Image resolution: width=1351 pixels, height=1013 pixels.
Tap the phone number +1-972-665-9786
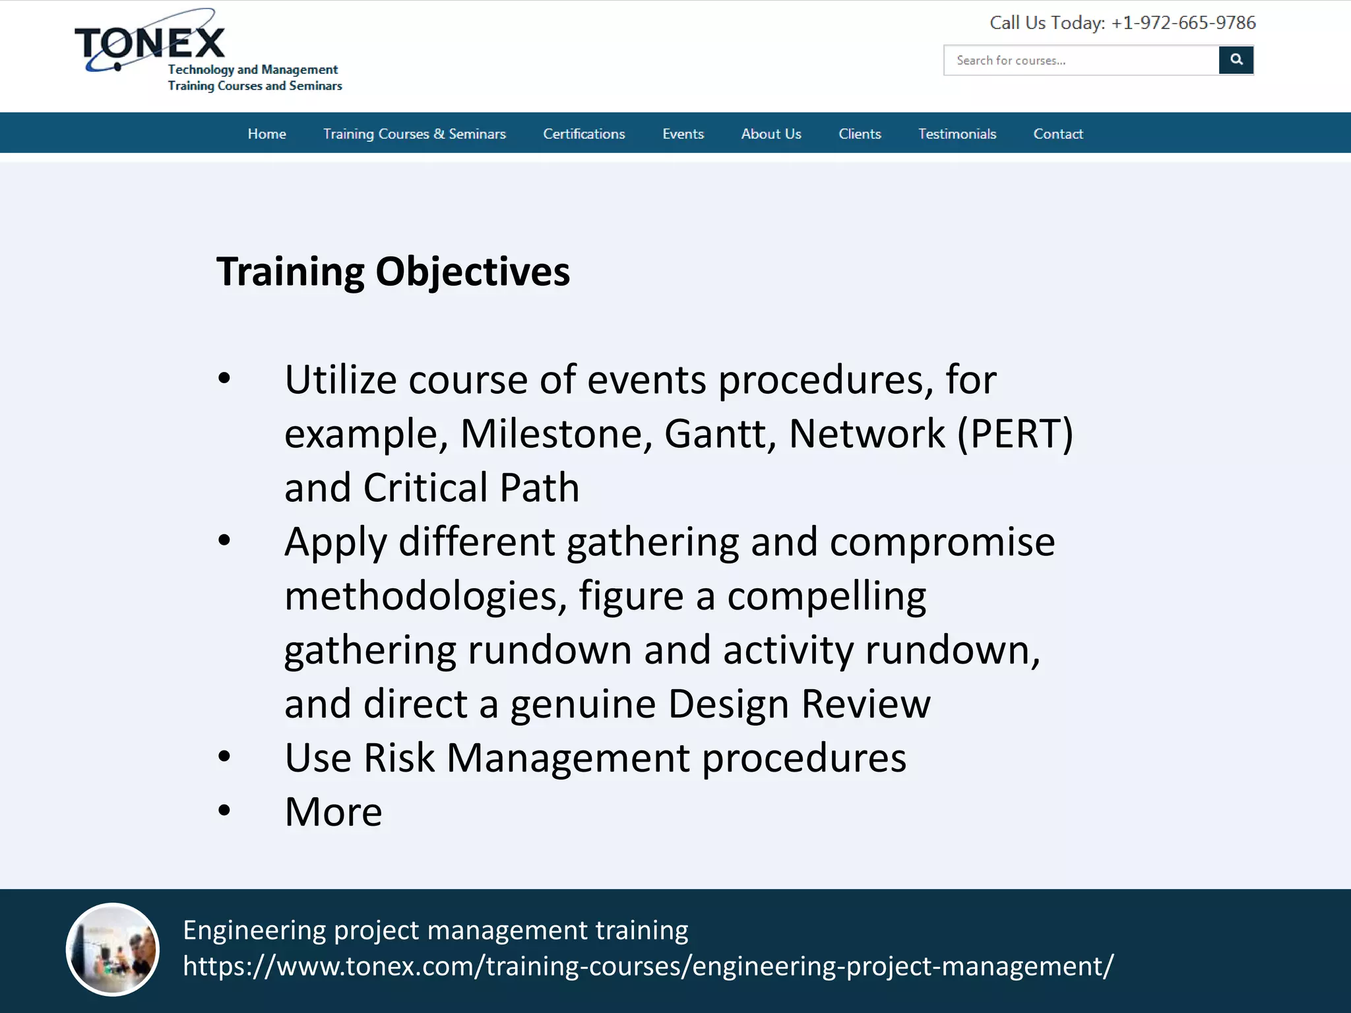point(1183,23)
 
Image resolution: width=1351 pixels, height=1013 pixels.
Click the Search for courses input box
point(1081,61)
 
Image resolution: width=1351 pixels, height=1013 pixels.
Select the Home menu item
point(267,134)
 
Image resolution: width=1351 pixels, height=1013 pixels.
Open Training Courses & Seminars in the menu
point(414,134)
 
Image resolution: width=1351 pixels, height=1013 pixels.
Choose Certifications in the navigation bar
point(584,134)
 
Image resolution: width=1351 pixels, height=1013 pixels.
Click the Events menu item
point(683,134)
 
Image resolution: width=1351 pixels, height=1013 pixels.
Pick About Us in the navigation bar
point(770,134)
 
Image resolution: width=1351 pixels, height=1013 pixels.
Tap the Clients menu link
point(860,134)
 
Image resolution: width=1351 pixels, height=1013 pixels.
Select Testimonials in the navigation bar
point(957,134)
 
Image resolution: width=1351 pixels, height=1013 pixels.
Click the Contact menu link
point(1058,134)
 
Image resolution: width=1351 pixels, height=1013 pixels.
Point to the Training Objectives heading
point(393,272)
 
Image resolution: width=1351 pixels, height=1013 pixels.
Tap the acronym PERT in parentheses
point(1015,434)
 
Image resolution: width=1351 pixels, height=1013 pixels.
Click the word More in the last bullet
point(333,812)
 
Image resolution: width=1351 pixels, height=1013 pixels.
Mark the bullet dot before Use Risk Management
point(224,756)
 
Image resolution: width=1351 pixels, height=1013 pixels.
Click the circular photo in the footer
point(113,949)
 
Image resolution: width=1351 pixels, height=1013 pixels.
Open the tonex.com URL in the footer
point(648,966)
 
